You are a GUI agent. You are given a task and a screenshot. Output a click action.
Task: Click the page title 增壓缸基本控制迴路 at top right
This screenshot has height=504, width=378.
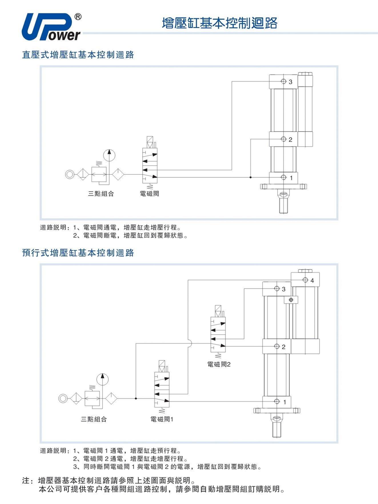[x=220, y=23]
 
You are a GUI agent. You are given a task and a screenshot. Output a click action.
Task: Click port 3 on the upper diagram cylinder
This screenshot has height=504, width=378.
[x=283, y=81]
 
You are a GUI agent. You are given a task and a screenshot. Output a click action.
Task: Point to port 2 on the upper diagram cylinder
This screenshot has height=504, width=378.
[x=283, y=139]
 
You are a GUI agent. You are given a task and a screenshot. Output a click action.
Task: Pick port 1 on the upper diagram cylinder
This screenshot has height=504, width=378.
[x=283, y=178]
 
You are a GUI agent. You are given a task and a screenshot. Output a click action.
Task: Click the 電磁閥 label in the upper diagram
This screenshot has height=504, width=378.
[x=149, y=194]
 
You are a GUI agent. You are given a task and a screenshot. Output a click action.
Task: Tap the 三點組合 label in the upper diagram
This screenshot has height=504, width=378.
[x=101, y=194]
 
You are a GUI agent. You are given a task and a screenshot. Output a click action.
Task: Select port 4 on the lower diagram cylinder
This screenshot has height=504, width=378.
[x=304, y=280]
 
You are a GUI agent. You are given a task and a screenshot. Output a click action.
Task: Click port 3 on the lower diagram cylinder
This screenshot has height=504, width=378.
[x=277, y=289]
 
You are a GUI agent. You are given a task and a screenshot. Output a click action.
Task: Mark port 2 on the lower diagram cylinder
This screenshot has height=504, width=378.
[x=277, y=346]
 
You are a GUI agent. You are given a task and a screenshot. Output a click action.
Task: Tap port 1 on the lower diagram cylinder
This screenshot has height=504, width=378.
[x=277, y=402]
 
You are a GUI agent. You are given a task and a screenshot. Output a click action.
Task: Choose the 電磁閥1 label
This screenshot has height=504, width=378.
[x=162, y=419]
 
